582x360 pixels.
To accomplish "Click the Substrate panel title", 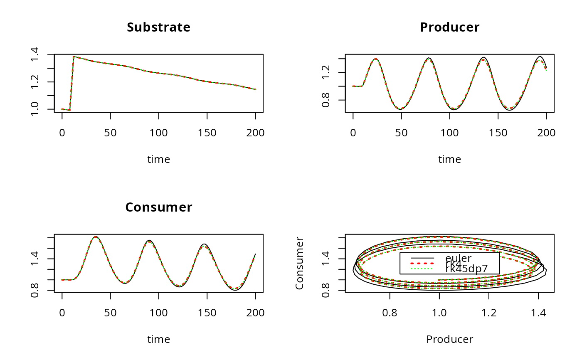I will pyautogui.click(x=158, y=27).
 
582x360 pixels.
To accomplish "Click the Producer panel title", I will pyautogui.click(x=449, y=27).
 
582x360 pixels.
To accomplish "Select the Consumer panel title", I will pyautogui.click(x=158, y=207).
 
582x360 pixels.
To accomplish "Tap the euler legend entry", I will pyautogui.click(x=458, y=259).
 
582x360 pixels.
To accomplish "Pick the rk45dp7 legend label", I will pyautogui.click(x=466, y=269).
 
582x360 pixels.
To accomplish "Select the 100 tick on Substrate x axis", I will pyautogui.click(x=158, y=133).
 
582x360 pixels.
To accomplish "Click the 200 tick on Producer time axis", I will pyautogui.click(x=546, y=133).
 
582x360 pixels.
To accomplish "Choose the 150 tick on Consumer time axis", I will pyautogui.click(x=207, y=313).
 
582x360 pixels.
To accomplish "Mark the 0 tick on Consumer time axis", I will pyautogui.click(x=62, y=313).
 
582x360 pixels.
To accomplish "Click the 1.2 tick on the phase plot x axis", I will pyautogui.click(x=489, y=313).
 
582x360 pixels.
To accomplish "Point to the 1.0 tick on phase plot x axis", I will pyautogui.click(x=439, y=313).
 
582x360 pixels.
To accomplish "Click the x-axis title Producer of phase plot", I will pyautogui.click(x=449, y=340).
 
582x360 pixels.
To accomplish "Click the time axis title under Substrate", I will pyautogui.click(x=158, y=160).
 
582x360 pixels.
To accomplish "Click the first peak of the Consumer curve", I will pyautogui.click(x=96, y=237).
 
